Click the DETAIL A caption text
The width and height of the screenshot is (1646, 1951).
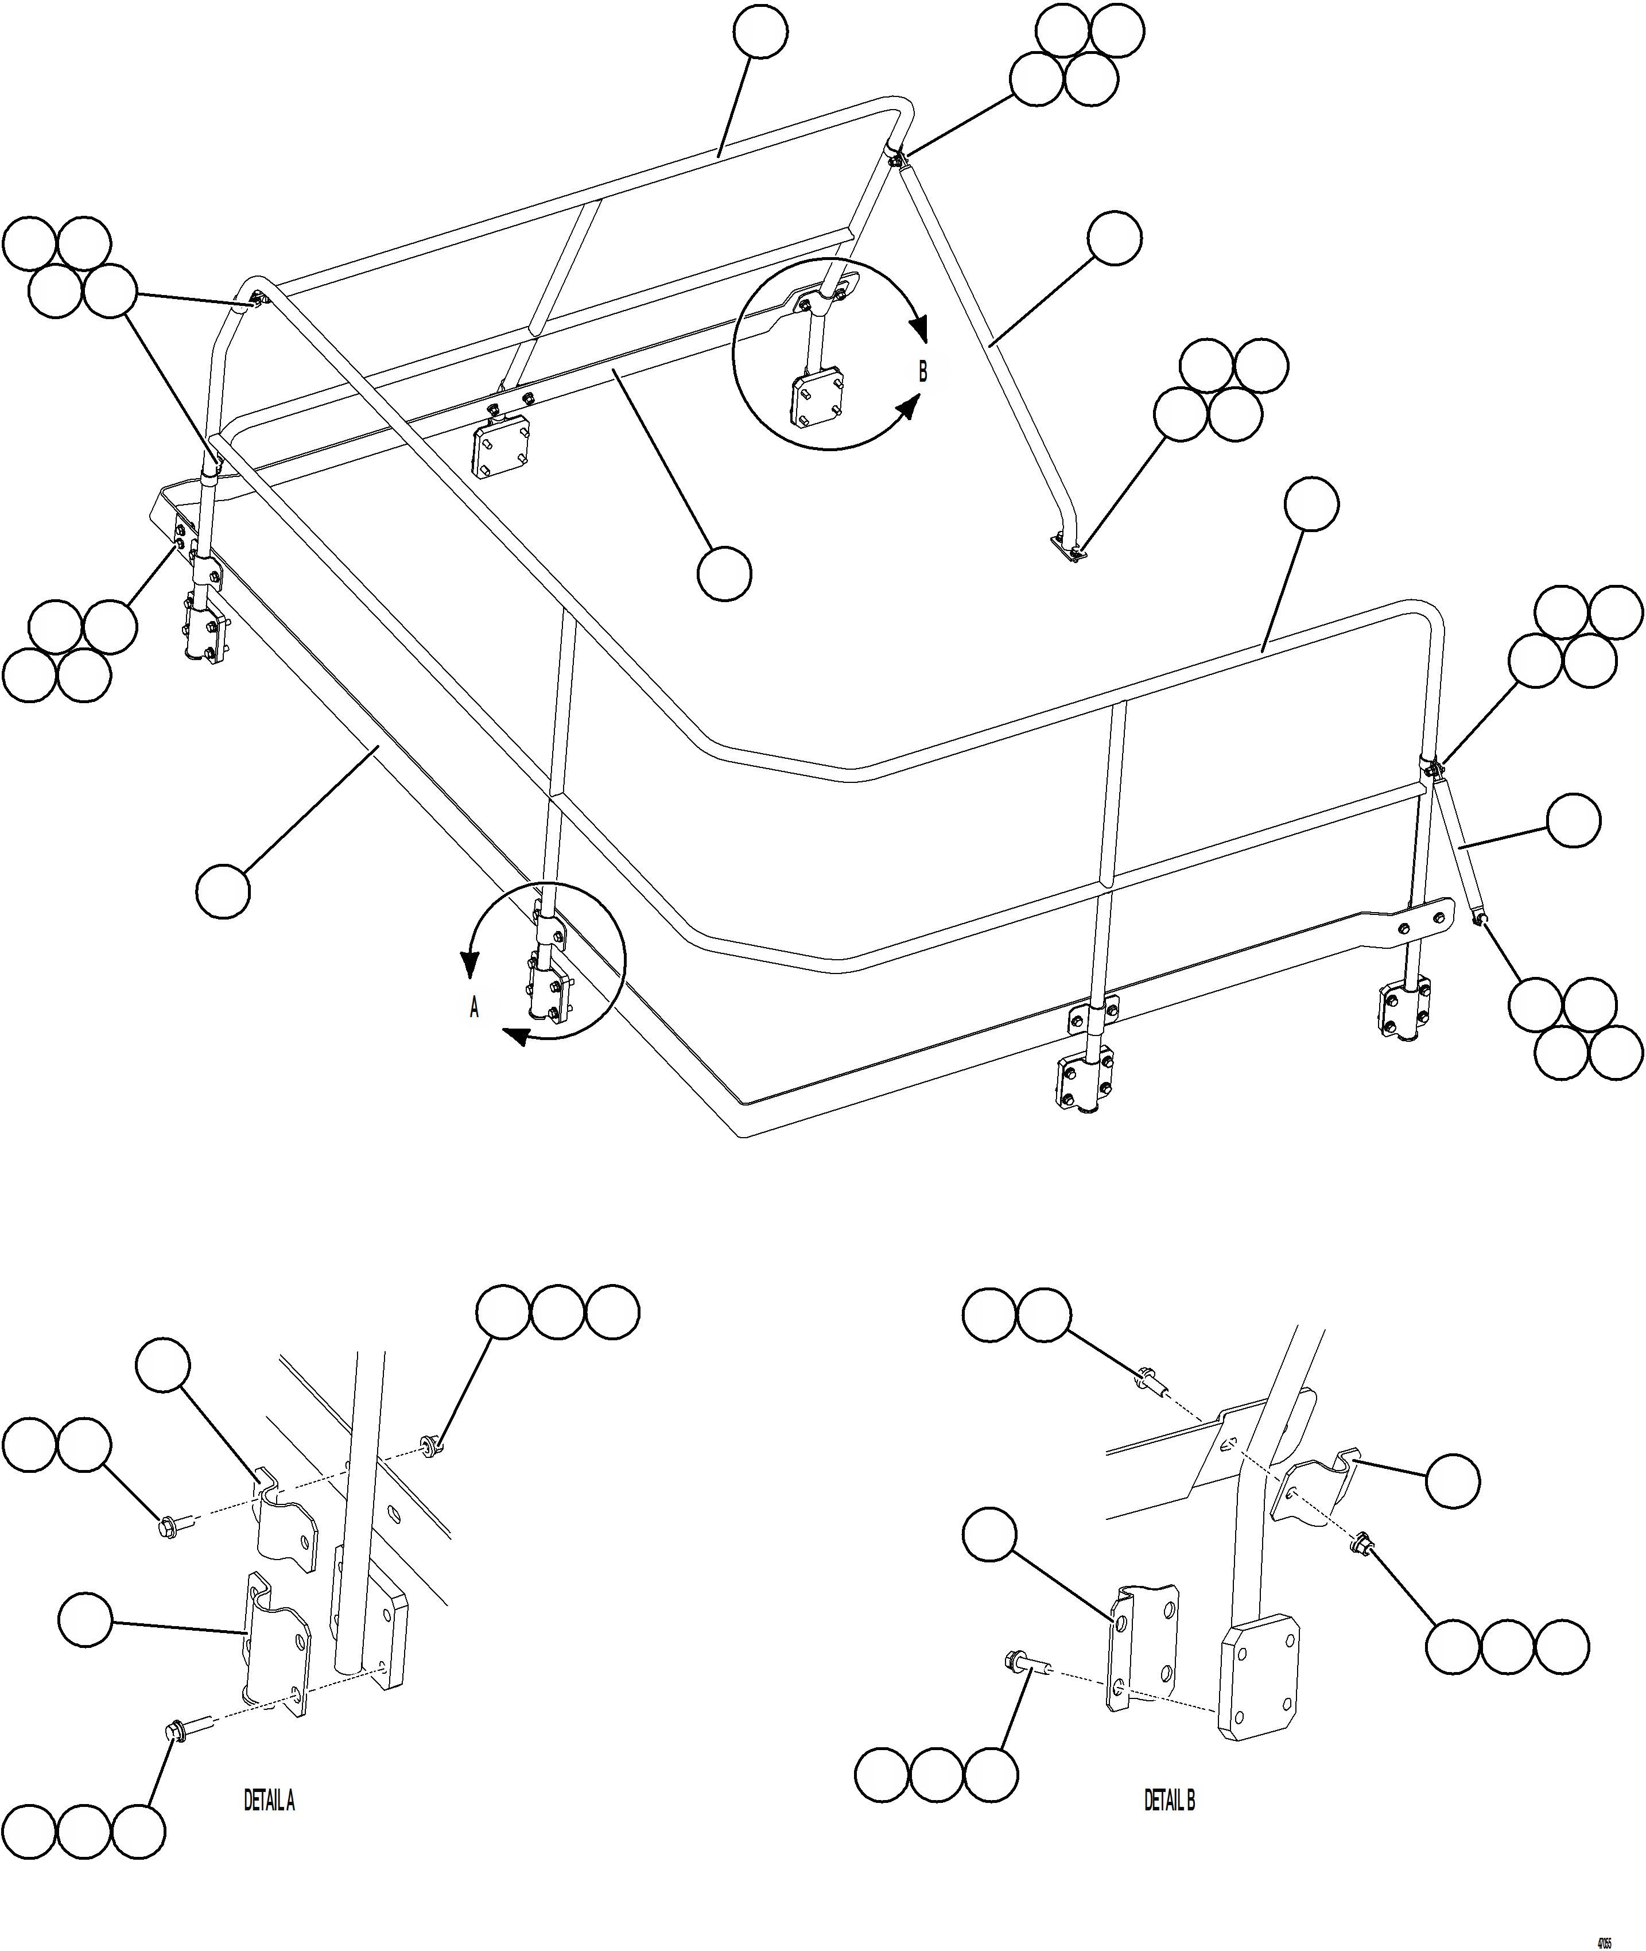point(269,1801)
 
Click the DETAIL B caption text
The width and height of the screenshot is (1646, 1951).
point(1169,1801)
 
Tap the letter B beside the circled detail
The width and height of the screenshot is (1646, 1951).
point(923,371)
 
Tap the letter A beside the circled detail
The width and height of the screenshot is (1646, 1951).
point(474,1008)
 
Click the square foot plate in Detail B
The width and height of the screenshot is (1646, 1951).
point(1260,1680)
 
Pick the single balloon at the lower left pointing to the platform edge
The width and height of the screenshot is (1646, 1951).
point(223,891)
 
